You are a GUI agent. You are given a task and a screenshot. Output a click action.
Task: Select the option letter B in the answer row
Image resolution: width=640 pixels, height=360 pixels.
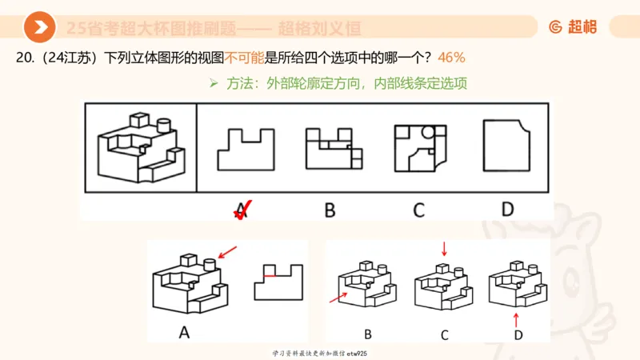[x=330, y=210]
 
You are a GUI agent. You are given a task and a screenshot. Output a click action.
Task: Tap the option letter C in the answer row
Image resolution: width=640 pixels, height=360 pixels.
[x=418, y=210]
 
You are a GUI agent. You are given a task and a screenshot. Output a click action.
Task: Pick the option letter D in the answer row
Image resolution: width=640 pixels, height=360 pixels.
[x=507, y=210]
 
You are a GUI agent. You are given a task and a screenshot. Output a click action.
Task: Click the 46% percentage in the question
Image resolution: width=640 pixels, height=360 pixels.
[x=451, y=58]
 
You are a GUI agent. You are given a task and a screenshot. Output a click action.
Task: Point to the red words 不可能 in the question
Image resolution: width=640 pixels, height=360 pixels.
[x=246, y=58]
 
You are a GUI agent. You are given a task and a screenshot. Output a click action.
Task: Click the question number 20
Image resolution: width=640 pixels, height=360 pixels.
[x=27, y=58]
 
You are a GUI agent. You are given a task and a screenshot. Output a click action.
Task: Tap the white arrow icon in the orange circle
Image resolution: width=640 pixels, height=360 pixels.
[x=39, y=28]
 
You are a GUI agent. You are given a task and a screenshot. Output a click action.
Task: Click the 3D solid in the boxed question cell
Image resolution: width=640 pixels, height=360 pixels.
[x=141, y=148]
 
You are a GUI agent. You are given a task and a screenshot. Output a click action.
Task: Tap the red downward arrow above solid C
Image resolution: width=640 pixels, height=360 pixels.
[x=444, y=251]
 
